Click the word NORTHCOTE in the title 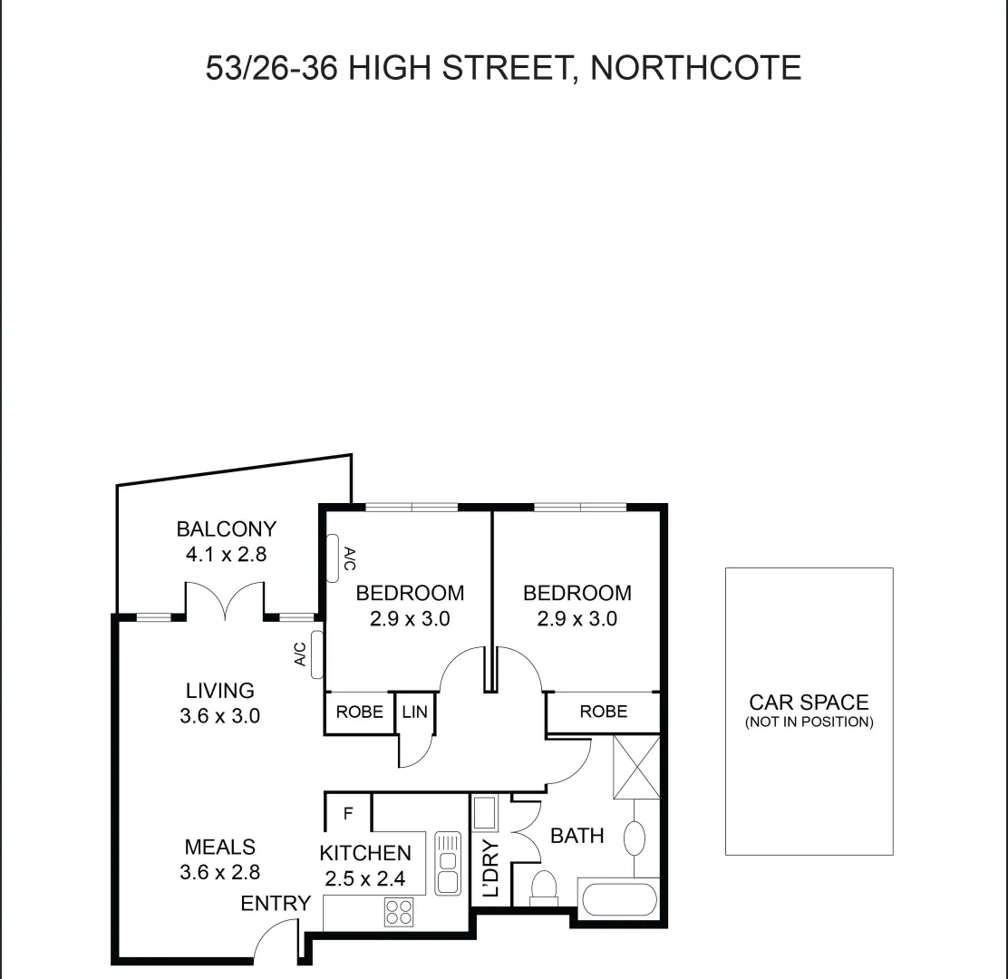point(695,68)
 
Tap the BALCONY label point(226,528)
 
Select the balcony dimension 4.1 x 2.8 point(226,554)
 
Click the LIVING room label point(220,691)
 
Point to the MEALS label point(220,847)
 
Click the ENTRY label point(276,903)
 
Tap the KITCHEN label point(365,853)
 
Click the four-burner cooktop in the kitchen point(399,910)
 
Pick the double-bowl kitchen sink point(448,863)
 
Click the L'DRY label point(491,868)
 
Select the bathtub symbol point(619,899)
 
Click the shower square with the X point(636,767)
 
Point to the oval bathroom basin point(635,838)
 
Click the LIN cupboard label point(415,712)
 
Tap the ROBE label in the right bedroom point(604,712)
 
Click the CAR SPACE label point(809,702)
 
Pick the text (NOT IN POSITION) point(809,722)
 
